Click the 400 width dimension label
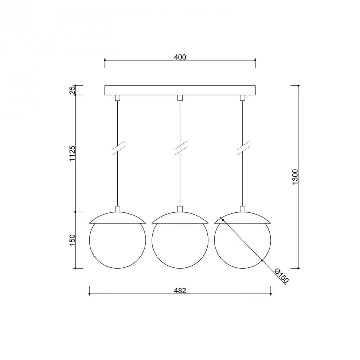(180, 57)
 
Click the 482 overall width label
(180, 291)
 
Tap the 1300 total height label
(295, 177)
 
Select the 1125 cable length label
(72, 153)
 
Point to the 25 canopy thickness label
(72, 90)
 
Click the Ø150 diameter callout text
(282, 275)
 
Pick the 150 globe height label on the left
(72, 240)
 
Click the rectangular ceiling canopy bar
(180, 90)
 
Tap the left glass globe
(89, 240)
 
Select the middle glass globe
(152, 240)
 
